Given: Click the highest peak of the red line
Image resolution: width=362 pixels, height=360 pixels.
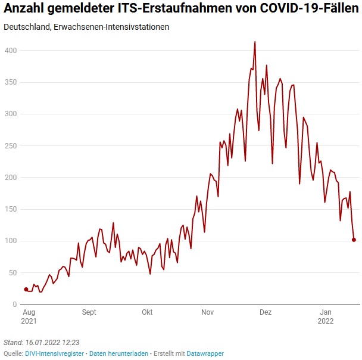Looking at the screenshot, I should coord(255,42).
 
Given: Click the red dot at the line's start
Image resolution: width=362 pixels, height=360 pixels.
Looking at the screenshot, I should coord(26,289).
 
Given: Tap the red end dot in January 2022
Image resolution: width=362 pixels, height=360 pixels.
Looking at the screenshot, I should coord(354,240).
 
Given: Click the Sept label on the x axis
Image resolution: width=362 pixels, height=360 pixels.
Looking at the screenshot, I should coord(89,312).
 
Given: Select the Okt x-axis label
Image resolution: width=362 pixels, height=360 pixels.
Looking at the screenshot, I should coord(147,312).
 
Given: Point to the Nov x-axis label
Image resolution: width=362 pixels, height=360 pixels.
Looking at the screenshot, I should coord(207,312).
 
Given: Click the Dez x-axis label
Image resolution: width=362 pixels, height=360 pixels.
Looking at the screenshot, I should coord(266,312).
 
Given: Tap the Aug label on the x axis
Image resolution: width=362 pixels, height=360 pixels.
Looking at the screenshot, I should coord(29,312).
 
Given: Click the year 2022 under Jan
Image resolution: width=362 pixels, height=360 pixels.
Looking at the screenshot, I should coord(326,321).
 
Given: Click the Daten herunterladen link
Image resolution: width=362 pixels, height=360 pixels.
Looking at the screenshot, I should coord(118,353).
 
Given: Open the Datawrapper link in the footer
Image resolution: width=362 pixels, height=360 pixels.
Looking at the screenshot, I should coord(205,353).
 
